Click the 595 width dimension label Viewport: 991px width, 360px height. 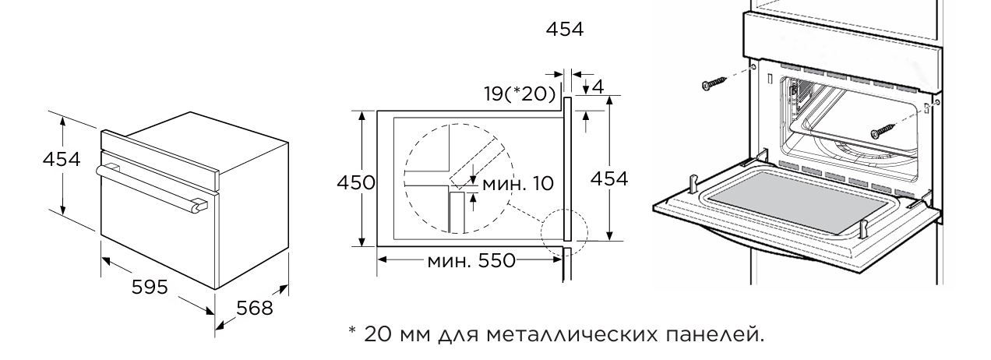[x=150, y=287]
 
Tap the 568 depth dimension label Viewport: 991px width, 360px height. [x=255, y=308]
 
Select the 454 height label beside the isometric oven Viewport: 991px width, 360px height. [x=62, y=159]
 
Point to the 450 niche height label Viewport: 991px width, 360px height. [x=356, y=182]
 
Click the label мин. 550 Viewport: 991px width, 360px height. [x=471, y=261]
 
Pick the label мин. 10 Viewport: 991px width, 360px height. [x=518, y=184]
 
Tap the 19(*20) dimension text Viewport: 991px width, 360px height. [x=520, y=94]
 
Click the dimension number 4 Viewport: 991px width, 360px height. [x=598, y=86]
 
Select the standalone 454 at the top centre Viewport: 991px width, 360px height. [x=565, y=29]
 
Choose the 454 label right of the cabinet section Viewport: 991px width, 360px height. [x=609, y=178]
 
